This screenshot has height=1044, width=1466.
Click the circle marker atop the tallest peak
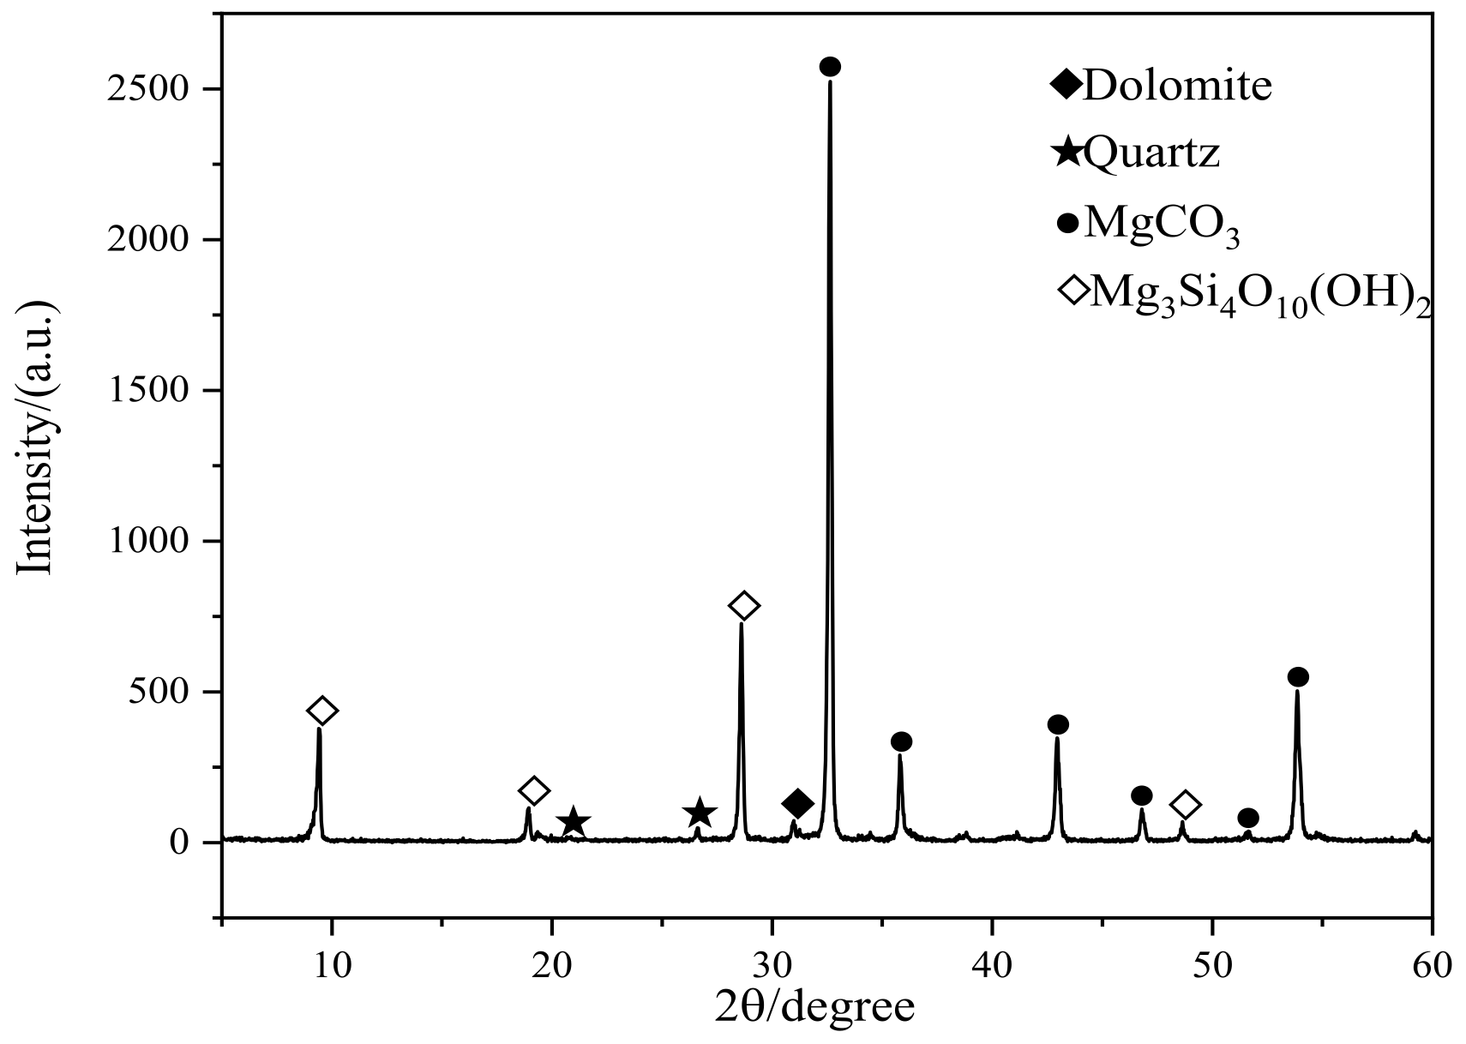click(830, 67)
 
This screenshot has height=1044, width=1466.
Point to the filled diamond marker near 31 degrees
click(797, 804)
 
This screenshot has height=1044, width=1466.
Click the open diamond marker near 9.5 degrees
click(322, 711)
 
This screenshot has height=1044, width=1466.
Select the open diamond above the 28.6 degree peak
click(743, 606)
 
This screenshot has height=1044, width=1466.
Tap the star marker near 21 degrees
click(574, 822)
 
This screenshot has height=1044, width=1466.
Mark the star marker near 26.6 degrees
click(700, 813)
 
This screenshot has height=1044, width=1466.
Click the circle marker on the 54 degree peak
click(1298, 677)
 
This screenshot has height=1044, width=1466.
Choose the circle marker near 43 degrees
click(1058, 724)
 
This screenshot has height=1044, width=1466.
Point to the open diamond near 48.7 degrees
click(1185, 805)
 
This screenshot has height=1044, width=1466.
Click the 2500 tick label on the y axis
click(148, 89)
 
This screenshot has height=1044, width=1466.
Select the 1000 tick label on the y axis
click(148, 542)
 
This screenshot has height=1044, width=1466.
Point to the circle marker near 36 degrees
click(901, 741)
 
